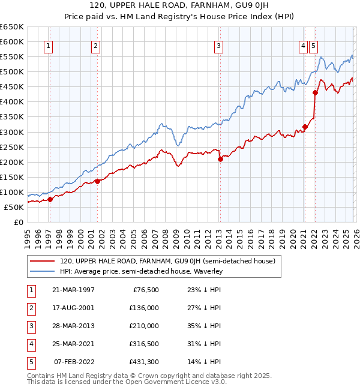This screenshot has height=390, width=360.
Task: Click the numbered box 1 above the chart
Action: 48,45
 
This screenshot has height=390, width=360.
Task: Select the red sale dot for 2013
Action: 220,159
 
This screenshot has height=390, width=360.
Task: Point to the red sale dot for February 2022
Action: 314,92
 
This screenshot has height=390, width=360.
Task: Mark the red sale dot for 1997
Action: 50,199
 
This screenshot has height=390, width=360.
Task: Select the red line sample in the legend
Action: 42,261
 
